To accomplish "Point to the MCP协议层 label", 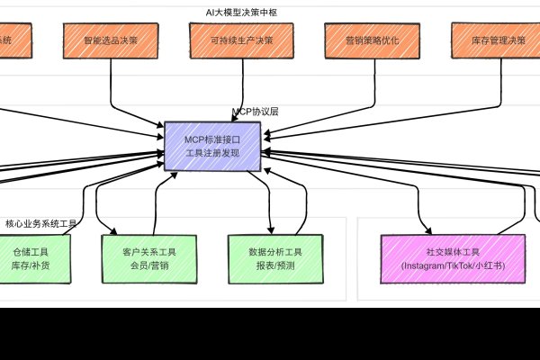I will (256, 112).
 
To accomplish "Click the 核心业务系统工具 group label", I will (40, 223).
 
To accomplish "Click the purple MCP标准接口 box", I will (212, 147).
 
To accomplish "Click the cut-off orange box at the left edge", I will (6, 41).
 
